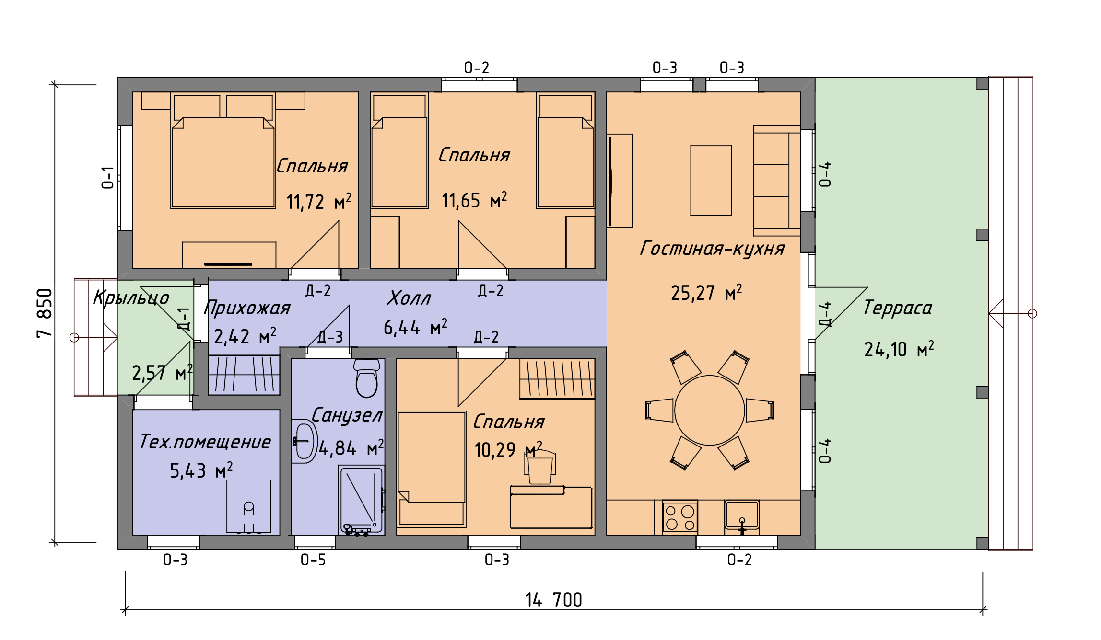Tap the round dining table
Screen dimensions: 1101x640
coord(710,410)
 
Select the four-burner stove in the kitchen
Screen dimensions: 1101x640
coord(680,517)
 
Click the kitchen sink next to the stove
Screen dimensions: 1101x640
coord(742,516)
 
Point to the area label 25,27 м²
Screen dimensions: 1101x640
coord(706,293)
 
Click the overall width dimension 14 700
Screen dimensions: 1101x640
coord(554,600)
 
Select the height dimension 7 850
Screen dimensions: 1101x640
coord(45,313)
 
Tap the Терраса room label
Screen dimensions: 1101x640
coord(898,308)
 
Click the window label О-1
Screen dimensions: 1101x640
coord(108,178)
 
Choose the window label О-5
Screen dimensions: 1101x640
coord(313,560)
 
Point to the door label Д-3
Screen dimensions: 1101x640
coord(330,337)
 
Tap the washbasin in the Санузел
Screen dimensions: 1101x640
coord(304,441)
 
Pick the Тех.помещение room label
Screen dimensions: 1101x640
coord(205,442)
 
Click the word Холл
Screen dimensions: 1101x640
coord(409,298)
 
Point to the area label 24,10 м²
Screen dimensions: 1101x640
coord(899,349)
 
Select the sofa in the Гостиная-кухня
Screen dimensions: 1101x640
coord(777,181)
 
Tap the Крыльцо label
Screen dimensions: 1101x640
coord(131,298)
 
